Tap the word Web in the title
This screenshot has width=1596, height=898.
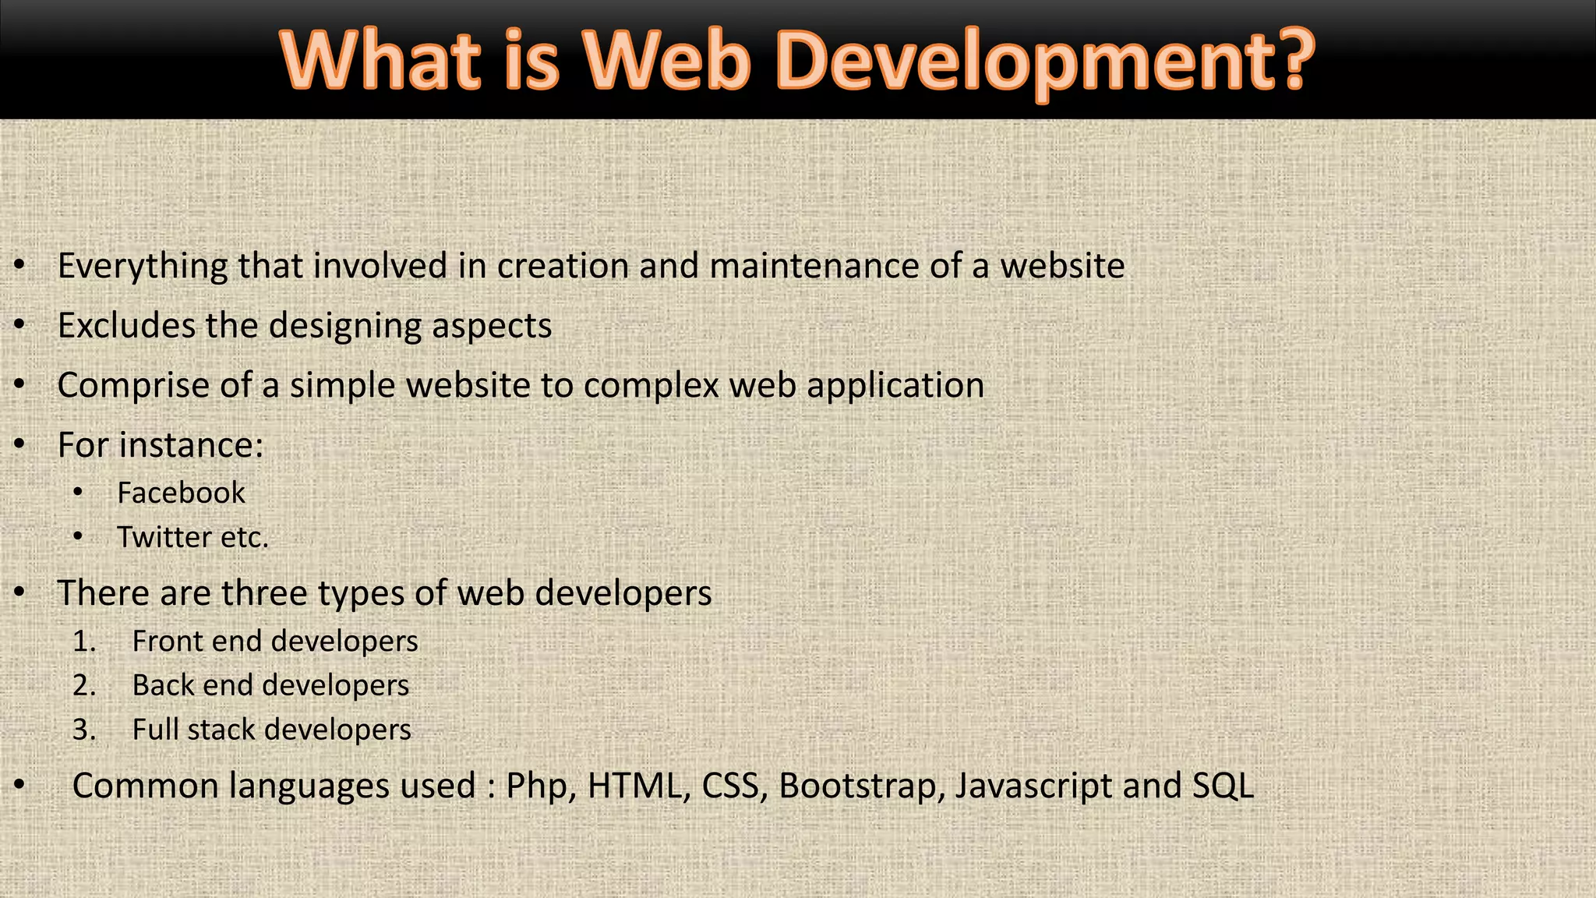(666, 61)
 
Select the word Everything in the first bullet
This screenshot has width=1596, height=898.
(143, 267)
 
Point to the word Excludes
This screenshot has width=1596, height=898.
(126, 326)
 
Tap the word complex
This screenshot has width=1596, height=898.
(651, 386)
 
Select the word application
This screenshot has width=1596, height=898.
(895, 386)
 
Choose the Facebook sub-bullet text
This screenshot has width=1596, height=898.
(181, 493)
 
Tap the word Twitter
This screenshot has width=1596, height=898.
(164, 537)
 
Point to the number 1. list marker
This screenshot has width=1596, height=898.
(84, 642)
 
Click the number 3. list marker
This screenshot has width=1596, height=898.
(84, 730)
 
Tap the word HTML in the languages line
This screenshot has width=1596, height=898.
(634, 786)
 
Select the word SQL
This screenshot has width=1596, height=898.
(1223, 786)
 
